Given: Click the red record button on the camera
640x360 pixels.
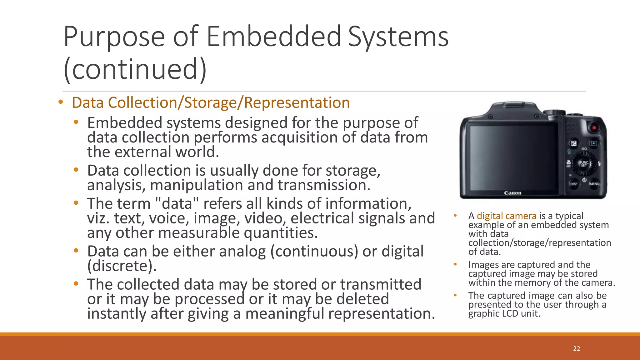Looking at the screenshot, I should (x=594, y=127).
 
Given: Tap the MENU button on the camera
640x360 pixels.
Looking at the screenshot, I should (x=594, y=184).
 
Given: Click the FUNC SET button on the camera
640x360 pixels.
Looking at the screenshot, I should (x=584, y=164).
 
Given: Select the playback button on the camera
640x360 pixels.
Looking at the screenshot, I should (x=594, y=143).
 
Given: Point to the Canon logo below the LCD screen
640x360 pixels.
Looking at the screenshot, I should (x=512, y=193).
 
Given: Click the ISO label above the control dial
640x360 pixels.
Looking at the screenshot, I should (x=584, y=149).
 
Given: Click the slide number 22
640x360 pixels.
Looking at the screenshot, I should (x=577, y=349).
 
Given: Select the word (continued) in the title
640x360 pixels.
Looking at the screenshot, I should (x=135, y=69).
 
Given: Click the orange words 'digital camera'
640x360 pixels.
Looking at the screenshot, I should (x=506, y=216).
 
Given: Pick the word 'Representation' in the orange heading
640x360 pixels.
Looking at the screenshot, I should (x=297, y=103).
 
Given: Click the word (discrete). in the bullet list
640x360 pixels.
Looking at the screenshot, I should (x=122, y=266).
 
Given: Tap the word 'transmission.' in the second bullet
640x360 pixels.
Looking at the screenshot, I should (x=324, y=185).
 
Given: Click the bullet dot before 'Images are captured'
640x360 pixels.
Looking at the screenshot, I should (x=455, y=264).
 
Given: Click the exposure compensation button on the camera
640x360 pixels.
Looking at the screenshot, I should (x=574, y=143).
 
